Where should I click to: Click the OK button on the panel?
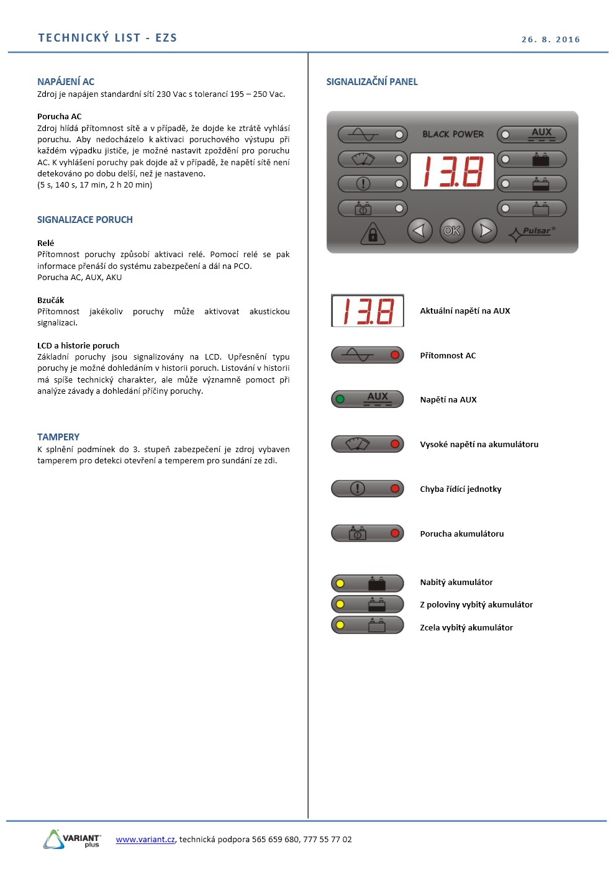click(x=451, y=230)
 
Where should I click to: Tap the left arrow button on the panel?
click(x=419, y=230)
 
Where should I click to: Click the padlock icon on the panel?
click(x=373, y=234)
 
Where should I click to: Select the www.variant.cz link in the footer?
click(x=145, y=839)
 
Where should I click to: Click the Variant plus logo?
click(x=72, y=839)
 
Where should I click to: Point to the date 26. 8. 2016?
click(x=550, y=39)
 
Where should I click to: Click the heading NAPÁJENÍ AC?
click(x=66, y=81)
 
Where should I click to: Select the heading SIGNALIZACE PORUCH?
click(x=85, y=219)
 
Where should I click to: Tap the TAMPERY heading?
click(x=58, y=437)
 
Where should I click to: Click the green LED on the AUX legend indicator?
click(x=340, y=399)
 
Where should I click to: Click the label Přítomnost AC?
click(x=448, y=355)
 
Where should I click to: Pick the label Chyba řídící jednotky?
click(x=460, y=489)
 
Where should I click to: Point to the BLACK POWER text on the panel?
click(x=453, y=134)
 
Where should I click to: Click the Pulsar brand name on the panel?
click(x=537, y=230)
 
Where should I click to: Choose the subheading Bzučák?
click(x=50, y=300)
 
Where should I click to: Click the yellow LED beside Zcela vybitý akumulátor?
click(x=340, y=625)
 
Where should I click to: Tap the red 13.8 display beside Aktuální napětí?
click(x=368, y=311)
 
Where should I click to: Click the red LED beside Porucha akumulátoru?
click(x=394, y=533)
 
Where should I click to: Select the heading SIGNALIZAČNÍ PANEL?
click(x=371, y=81)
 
